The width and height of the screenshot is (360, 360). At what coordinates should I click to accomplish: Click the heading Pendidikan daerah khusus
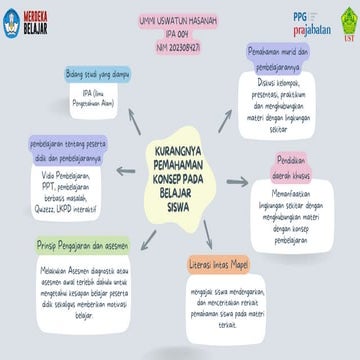299,167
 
